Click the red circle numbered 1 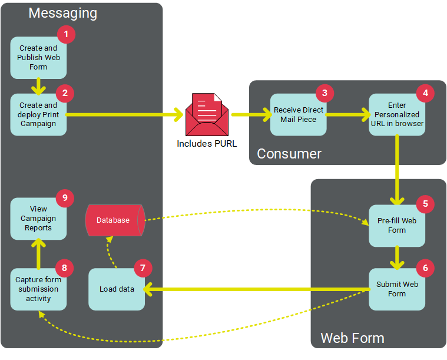(66, 35)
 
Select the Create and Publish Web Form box (38, 58)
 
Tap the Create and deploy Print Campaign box (38, 114)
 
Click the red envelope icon (207, 115)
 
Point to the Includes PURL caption (207, 143)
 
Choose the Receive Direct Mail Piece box (298, 114)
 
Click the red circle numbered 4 (425, 93)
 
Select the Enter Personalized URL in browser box (397, 114)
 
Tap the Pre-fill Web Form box (396, 225)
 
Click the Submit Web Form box (396, 289)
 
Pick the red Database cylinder (114, 220)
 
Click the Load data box (117, 289)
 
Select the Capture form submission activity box (38, 289)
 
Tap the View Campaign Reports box (38, 219)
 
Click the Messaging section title (63, 13)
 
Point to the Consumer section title (289, 154)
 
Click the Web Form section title (352, 338)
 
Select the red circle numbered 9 (65, 198)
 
